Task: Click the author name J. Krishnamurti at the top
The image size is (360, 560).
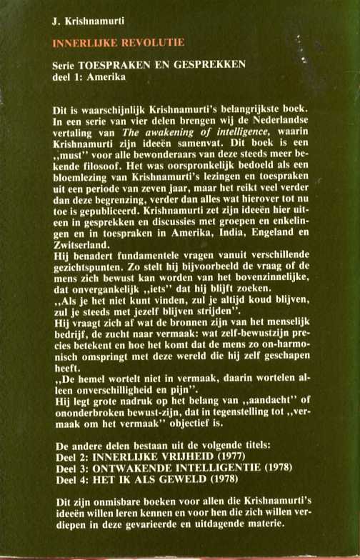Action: (84, 24)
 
